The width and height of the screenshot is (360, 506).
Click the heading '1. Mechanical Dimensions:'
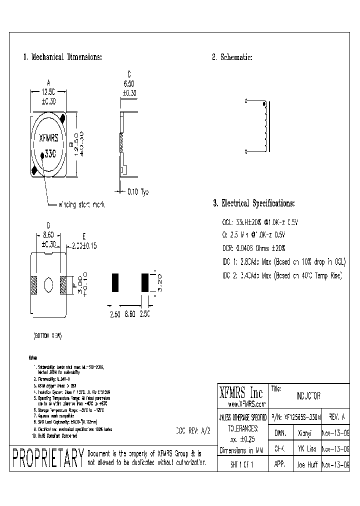click(x=63, y=57)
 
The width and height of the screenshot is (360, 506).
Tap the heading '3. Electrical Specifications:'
click(x=253, y=203)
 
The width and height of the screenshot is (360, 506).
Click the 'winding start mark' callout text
click(x=82, y=204)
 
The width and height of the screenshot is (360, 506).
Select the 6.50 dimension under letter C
click(x=129, y=84)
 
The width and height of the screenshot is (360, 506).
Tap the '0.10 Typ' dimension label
click(x=138, y=191)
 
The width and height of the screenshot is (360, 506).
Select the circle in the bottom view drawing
click(x=48, y=285)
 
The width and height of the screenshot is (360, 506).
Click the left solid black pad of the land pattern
click(x=114, y=282)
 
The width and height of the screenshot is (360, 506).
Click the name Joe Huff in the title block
click(x=304, y=463)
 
